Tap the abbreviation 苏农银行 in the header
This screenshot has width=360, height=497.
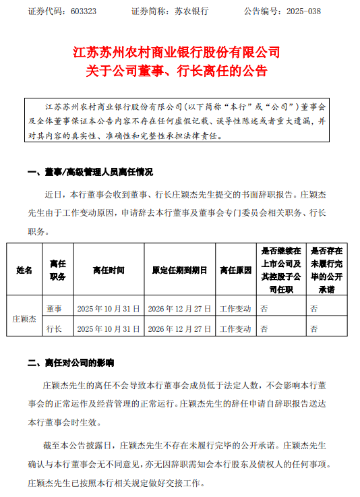(191, 12)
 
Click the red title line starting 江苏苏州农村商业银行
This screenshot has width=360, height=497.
(176, 51)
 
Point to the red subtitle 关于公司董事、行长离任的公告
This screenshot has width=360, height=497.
(177, 71)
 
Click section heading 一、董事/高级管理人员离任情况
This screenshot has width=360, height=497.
(91, 172)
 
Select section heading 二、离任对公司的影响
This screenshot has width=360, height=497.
(71, 363)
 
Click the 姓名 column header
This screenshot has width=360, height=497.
(24, 270)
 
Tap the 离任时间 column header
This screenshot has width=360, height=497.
(109, 270)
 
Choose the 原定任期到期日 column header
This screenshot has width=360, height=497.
(179, 270)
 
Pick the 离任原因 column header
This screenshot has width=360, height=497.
(235, 270)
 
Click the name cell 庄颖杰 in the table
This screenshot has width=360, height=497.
(24, 318)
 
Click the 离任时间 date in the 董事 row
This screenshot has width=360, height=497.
(109, 308)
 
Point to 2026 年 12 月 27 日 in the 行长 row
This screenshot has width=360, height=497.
(179, 328)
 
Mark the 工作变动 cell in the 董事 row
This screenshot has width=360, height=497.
(235, 308)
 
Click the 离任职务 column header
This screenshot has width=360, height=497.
(57, 270)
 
